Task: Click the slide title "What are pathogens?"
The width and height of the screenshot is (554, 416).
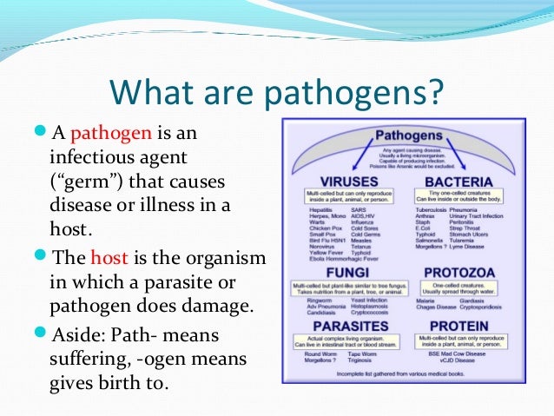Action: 276,91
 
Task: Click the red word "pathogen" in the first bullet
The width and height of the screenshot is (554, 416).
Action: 111,135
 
